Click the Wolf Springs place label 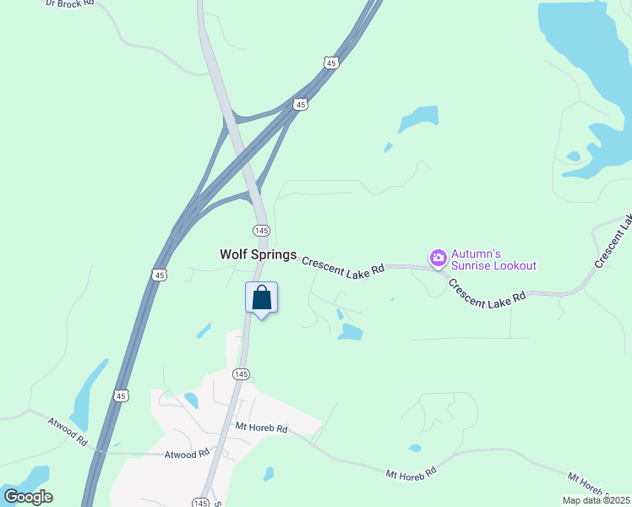258,254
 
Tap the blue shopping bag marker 261,298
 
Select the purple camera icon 438,257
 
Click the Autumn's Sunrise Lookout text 494,259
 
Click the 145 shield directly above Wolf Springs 261,231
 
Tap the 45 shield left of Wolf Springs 160,274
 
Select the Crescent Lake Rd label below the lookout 487,294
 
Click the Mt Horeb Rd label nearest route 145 262,429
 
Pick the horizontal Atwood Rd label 187,454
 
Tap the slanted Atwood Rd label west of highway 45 68,431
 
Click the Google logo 28,497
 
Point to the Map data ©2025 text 596,500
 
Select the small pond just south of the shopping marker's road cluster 350,332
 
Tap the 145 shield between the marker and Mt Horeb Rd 241,373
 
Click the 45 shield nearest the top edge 330,63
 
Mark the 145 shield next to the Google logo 200,502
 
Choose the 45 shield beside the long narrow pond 121,395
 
